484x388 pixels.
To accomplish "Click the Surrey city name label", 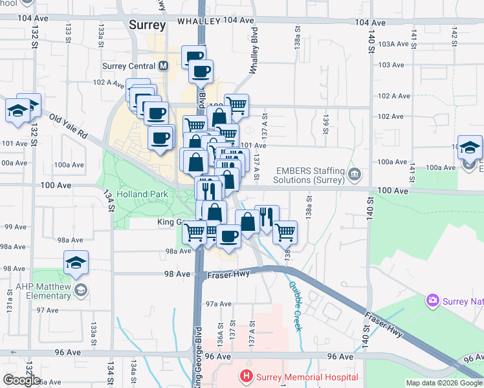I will point(148,25).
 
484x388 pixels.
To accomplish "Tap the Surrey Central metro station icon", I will point(162,66).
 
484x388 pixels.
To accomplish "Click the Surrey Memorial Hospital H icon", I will point(245,376).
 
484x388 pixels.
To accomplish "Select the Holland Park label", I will point(142,194).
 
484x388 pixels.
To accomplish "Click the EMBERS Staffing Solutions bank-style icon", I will point(354,174).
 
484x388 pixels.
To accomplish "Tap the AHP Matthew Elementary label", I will point(36,291).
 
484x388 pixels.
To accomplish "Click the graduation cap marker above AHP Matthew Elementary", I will point(76,263).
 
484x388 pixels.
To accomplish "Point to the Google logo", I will point(21,380).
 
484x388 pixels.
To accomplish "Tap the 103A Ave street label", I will point(394,44).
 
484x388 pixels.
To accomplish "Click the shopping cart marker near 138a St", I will point(285,232).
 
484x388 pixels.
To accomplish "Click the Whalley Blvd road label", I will point(255,51).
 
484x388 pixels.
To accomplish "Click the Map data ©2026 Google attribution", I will point(445,383).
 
